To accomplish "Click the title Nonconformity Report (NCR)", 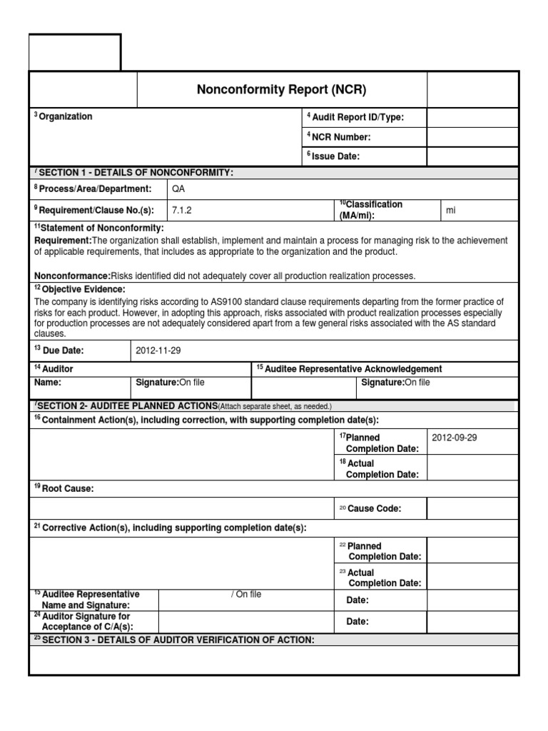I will pyautogui.click(x=281, y=89).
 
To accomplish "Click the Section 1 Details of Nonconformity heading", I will pyautogui.click(x=136, y=173).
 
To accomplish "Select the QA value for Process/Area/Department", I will pyautogui.click(x=178, y=189).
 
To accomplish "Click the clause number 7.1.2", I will pyautogui.click(x=183, y=209).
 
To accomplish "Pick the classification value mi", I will pyautogui.click(x=450, y=210).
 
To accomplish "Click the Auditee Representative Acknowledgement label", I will pyautogui.click(x=349, y=369).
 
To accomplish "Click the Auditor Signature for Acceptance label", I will pyautogui.click(x=86, y=621).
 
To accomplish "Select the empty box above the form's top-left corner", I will pyautogui.click(x=75, y=51).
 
